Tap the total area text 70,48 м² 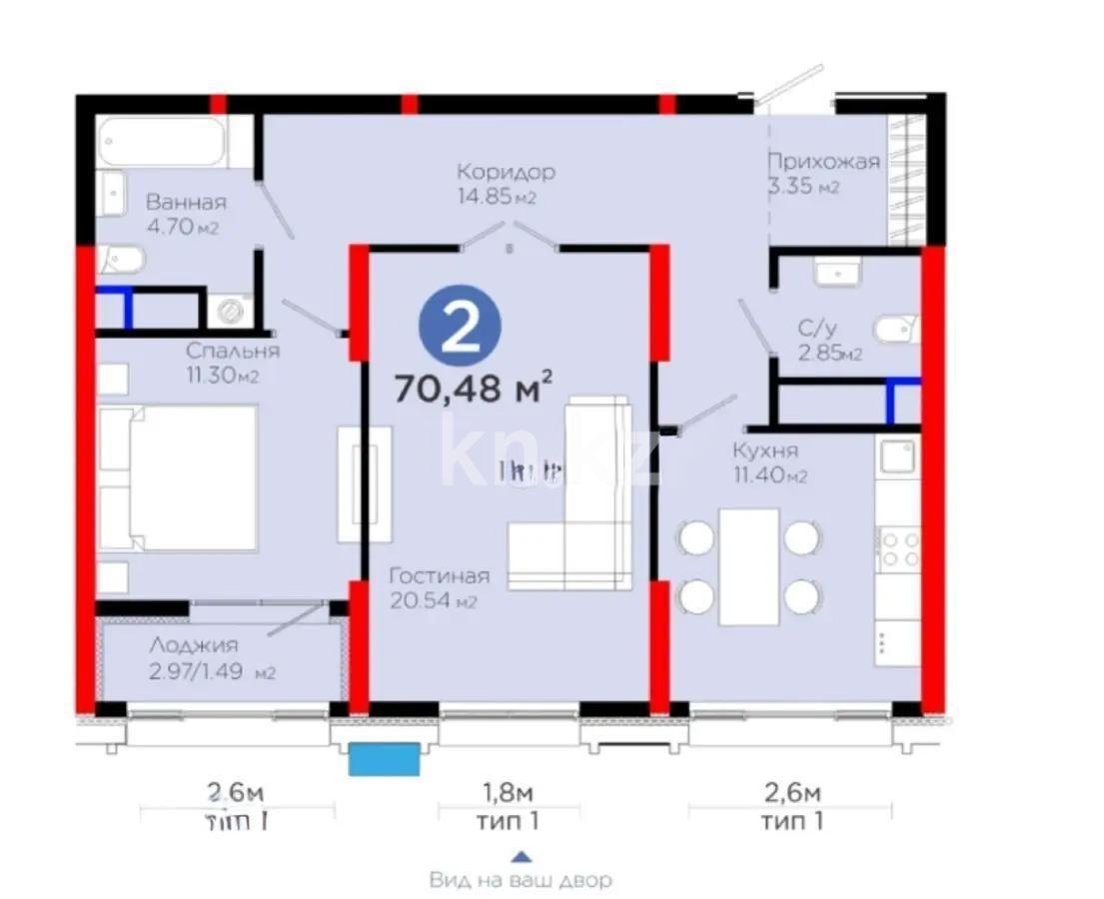(475, 387)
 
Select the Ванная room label (185, 202)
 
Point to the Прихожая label (823, 162)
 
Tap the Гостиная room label (439, 576)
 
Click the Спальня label (233, 352)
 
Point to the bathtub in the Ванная (164, 144)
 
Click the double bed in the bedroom (180, 477)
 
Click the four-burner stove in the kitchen (897, 548)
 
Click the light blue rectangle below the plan (383, 759)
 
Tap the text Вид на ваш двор (520, 881)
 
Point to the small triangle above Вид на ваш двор (521, 856)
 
